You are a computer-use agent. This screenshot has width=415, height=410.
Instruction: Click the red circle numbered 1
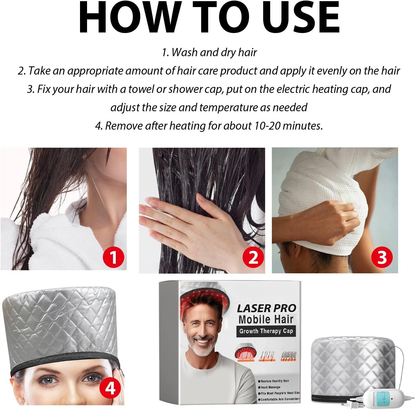click(x=114, y=257)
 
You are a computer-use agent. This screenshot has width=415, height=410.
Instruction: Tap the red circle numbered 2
click(x=253, y=257)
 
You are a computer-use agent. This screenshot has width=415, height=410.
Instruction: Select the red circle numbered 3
click(x=382, y=257)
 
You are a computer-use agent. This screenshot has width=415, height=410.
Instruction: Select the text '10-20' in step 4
click(x=267, y=126)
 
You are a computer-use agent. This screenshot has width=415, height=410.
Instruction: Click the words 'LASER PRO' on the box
click(x=267, y=308)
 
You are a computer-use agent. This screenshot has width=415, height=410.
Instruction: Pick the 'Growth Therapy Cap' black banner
click(x=266, y=331)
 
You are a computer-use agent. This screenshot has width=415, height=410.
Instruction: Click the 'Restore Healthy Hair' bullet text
click(x=274, y=381)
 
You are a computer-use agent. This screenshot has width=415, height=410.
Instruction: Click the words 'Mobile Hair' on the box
click(x=266, y=319)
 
